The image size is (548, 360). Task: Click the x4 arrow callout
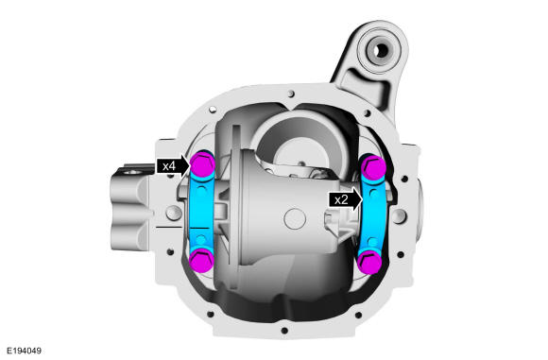173,165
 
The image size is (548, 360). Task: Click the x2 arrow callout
345,199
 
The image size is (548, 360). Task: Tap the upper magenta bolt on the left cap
202,164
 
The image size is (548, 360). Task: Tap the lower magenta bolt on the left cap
202,261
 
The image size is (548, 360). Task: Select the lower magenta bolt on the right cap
370,263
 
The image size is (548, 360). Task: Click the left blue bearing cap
201,212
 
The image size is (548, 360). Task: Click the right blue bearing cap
373,214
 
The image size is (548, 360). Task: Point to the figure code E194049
24,351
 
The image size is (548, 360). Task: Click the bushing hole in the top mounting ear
381,51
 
